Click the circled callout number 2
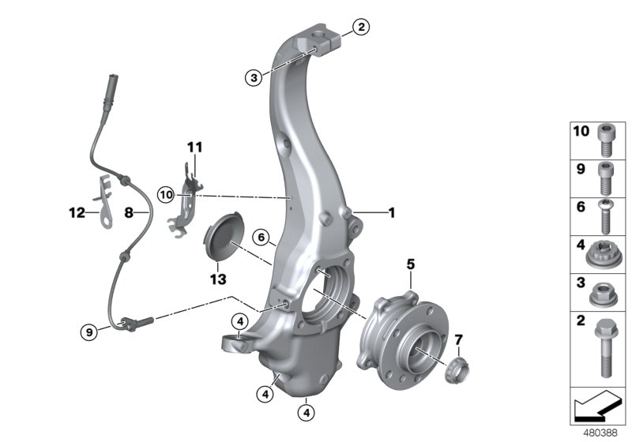[360, 28]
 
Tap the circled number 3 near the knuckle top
[252, 77]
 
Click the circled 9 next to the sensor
[90, 333]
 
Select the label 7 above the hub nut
[457, 339]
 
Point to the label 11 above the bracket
[194, 147]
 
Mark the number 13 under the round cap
[216, 279]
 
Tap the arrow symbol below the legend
[597, 409]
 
